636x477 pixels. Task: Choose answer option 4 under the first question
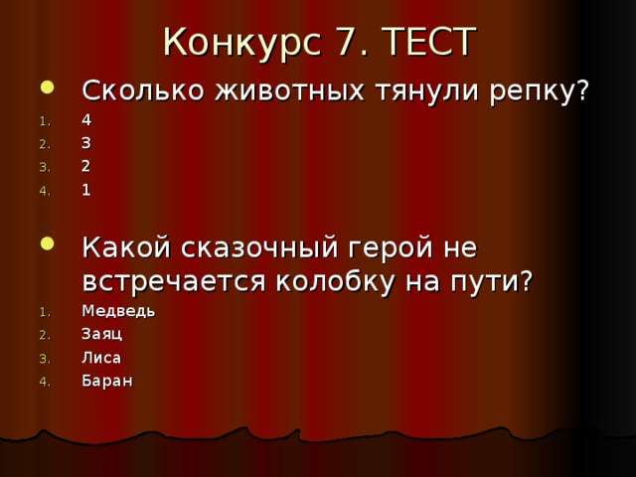pyautogui.click(x=86, y=119)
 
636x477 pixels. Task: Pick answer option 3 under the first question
pyautogui.click(x=86, y=142)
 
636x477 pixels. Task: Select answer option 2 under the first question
pyautogui.click(x=86, y=166)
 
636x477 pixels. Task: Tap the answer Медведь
pyautogui.click(x=117, y=310)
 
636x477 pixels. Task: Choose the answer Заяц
pyautogui.click(x=101, y=333)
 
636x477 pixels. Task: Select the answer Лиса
pyautogui.click(x=101, y=357)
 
